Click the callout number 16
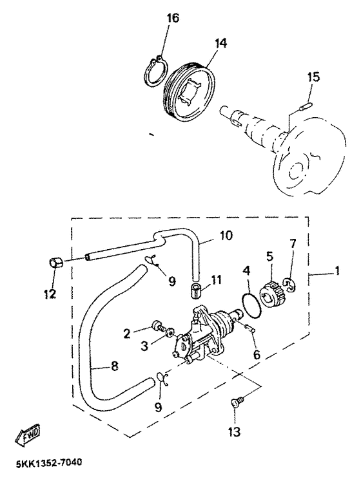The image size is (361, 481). (173, 18)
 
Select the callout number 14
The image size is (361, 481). (220, 43)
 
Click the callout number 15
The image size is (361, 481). (313, 77)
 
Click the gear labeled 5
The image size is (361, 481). (271, 292)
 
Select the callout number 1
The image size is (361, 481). (337, 271)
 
